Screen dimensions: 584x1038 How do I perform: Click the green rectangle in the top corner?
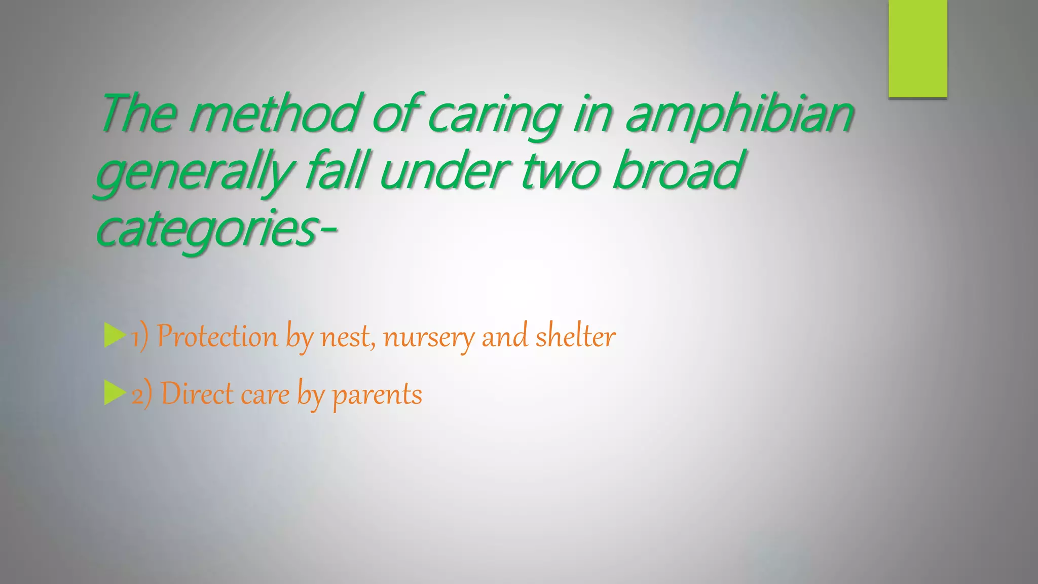(x=917, y=49)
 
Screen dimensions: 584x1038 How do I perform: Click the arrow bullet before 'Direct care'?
(x=115, y=393)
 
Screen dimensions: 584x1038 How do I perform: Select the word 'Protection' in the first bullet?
(x=217, y=337)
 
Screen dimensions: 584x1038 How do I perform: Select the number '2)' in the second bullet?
(x=141, y=394)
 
